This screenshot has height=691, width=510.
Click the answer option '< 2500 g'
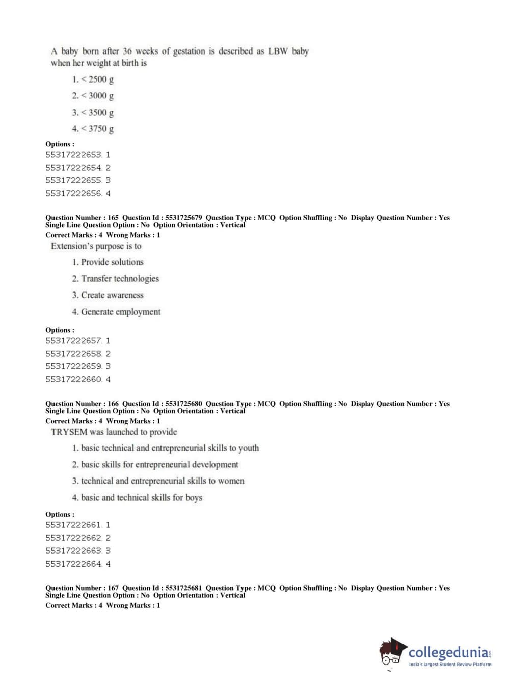point(93,79)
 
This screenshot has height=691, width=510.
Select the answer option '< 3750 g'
point(93,129)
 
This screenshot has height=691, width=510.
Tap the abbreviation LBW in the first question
point(278,51)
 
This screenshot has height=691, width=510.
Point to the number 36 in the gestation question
point(127,51)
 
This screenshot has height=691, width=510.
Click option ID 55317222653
point(74,155)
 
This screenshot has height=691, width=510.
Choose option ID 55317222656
point(74,194)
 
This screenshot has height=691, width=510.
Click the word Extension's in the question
point(70,246)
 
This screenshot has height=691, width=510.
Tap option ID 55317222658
point(74,354)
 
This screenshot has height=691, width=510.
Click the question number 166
point(113,404)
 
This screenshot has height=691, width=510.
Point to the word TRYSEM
point(69,432)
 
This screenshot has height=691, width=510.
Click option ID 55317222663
point(74,551)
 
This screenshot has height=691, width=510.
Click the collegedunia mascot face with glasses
point(391,653)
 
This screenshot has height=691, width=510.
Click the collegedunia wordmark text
point(448,652)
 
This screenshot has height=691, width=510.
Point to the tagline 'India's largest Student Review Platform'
point(450,665)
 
